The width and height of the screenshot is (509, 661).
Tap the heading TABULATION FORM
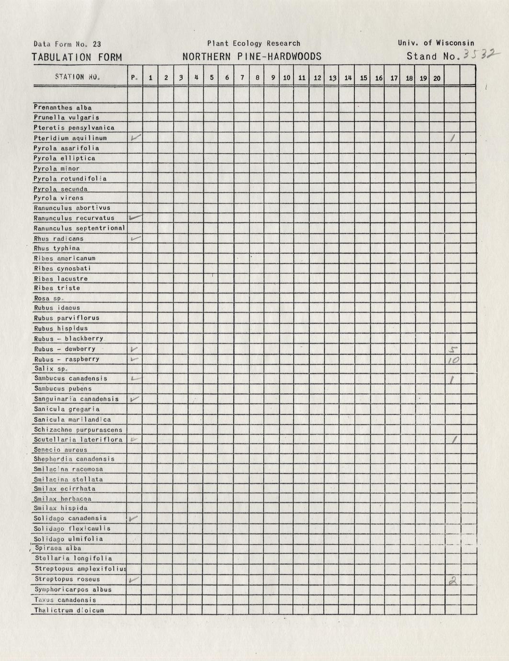tap(77, 57)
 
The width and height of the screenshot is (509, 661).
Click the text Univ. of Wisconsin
tap(436, 43)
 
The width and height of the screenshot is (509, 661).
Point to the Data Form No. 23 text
tap(67, 44)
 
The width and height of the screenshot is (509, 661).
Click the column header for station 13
tap(332, 78)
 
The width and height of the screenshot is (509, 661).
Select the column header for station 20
tap(437, 78)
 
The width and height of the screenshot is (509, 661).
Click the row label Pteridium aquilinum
tap(70, 138)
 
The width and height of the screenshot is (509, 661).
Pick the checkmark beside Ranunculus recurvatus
tap(136, 217)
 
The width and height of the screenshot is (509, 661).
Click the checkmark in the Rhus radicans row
tap(136, 238)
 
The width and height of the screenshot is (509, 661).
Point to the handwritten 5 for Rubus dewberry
tap(452, 349)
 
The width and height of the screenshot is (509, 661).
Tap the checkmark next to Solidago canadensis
tap(135, 518)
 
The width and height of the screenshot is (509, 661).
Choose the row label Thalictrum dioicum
tap(69, 610)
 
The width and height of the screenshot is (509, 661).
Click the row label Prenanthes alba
tap(63, 108)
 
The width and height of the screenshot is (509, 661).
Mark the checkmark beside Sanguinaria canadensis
tap(135, 399)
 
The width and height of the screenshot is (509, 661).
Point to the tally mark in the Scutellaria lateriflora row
tap(452, 439)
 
